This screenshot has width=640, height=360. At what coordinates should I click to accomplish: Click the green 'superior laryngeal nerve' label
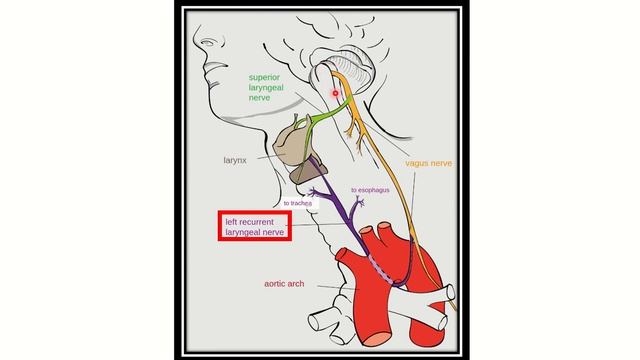(270, 88)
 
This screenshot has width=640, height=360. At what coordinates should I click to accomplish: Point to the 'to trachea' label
(297, 203)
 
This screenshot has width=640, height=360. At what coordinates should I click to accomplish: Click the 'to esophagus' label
(369, 189)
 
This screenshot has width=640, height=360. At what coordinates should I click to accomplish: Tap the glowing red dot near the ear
(336, 93)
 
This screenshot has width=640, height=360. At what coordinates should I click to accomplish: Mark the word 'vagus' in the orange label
(417, 161)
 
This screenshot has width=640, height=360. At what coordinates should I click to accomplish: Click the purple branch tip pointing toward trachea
(313, 190)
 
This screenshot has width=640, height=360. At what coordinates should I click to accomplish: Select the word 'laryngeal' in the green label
(270, 88)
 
